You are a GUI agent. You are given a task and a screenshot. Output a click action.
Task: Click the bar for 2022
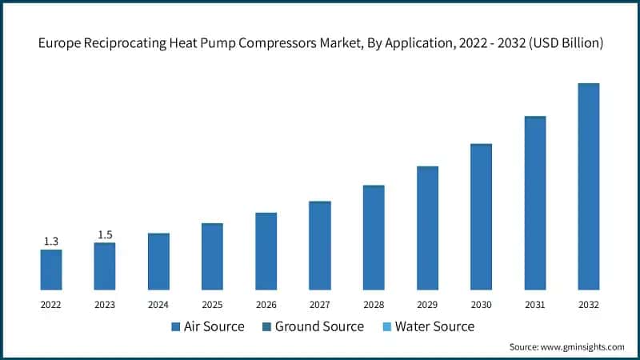click(x=51, y=270)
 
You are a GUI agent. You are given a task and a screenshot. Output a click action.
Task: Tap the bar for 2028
click(x=374, y=238)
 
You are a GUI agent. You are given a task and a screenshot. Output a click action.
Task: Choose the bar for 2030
click(x=481, y=217)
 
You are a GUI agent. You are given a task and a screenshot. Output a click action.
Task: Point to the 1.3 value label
click(x=50, y=241)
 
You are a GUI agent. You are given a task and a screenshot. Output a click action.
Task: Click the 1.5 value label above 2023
click(x=105, y=234)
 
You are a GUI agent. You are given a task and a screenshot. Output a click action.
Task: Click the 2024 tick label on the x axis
click(x=158, y=305)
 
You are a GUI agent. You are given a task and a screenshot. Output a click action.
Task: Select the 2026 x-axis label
click(x=266, y=305)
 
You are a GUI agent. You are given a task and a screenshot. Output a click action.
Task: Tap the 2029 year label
click(x=427, y=305)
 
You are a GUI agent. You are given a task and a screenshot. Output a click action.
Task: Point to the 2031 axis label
click(x=534, y=305)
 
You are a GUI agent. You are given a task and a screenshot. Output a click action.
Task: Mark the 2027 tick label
click(x=319, y=305)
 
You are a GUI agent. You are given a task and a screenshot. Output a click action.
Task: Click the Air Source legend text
click(x=214, y=326)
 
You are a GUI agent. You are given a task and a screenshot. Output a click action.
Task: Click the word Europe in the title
click(x=61, y=44)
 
